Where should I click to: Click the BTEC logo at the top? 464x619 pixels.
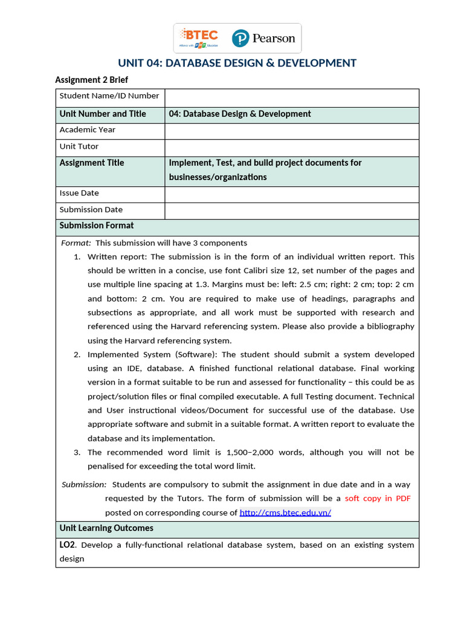198,38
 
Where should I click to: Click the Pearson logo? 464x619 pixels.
264,39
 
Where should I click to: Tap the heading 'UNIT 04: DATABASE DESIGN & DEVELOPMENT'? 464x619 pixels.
237,63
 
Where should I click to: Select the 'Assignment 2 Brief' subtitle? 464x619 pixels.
91,80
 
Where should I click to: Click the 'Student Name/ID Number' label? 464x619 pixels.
109,96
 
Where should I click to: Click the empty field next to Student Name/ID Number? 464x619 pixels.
291,98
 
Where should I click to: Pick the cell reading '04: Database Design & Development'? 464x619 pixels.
240,114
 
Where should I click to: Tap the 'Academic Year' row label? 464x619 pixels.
88,130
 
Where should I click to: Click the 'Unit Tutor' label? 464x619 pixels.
79,146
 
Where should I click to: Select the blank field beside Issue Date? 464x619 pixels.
291,194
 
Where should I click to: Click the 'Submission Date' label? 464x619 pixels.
91,210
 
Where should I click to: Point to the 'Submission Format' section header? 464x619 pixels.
97,225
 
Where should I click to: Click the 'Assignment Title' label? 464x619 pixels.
92,163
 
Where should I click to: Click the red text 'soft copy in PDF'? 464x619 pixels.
378,499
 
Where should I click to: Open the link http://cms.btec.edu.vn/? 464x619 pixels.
285,513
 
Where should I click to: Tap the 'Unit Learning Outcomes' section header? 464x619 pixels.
106,528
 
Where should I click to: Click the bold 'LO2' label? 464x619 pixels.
67,545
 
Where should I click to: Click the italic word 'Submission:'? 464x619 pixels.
84,485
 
